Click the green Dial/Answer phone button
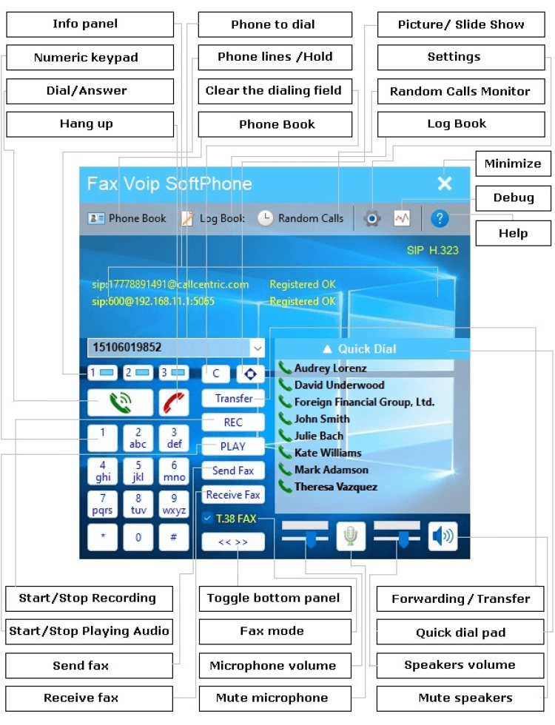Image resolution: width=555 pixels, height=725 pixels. [120, 402]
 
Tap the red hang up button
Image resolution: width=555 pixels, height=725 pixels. [175, 402]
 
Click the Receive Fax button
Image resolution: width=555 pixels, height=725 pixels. [233, 495]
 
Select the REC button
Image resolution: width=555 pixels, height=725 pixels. [233, 422]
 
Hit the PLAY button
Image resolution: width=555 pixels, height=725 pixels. [233, 447]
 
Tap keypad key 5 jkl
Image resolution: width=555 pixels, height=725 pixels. [138, 471]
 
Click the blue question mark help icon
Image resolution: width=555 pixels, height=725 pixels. [440, 218]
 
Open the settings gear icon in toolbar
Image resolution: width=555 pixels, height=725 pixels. [373, 218]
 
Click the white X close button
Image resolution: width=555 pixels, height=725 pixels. [444, 183]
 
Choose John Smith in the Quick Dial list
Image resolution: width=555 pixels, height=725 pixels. [322, 419]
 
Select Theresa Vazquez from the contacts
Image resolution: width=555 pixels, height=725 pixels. [335, 487]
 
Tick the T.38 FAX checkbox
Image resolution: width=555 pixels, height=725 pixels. [207, 519]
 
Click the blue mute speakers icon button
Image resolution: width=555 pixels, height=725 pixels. [443, 536]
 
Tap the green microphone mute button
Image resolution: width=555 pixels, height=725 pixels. [351, 536]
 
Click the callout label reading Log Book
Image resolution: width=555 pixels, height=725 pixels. [457, 124]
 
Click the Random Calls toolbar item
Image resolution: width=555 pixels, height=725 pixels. [301, 218]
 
